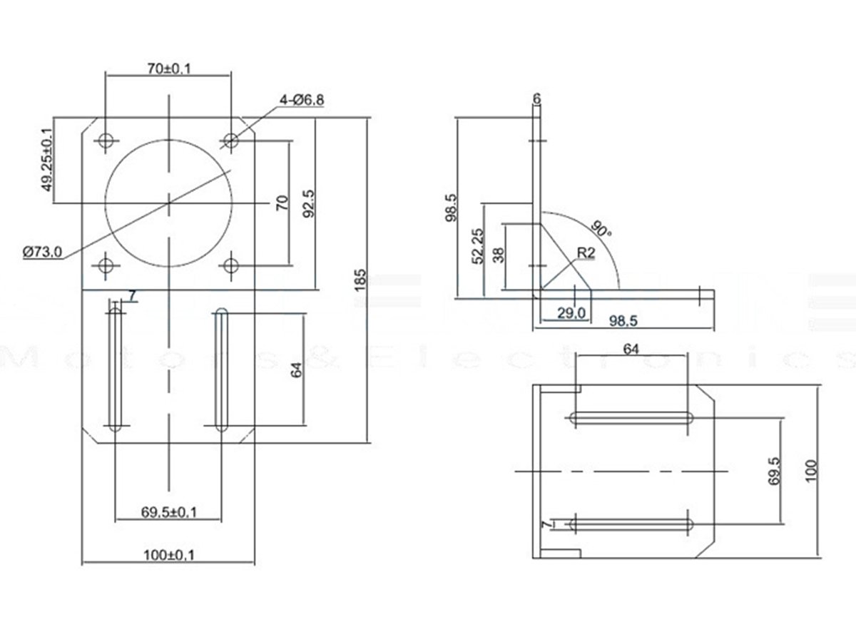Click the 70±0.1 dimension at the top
tap(168, 68)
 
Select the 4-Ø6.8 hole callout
tap(302, 100)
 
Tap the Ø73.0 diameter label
tap(44, 252)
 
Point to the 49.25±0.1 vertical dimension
tap(47, 160)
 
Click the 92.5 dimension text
tap(308, 204)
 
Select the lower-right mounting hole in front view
tap(230, 266)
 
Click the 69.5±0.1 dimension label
tap(169, 511)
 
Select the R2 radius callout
tap(586, 253)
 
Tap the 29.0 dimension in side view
tap(572, 312)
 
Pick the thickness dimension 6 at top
tap(536, 98)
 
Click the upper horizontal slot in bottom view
tap(632, 419)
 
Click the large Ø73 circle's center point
tap(168, 203)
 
